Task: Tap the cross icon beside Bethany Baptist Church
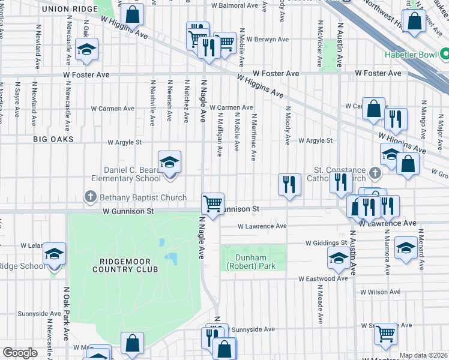[x=91, y=197]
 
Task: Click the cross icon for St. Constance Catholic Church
[x=375, y=174]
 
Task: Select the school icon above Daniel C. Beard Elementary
[x=170, y=162]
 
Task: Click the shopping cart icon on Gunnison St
[x=212, y=203]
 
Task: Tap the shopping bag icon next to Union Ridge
[x=133, y=14]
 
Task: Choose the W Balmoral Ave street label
[x=238, y=5]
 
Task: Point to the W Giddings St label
[x=327, y=243]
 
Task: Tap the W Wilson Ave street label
[x=381, y=292]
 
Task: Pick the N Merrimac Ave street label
[x=255, y=137]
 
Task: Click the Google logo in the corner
[x=19, y=353]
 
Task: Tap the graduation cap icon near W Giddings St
[x=339, y=259]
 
